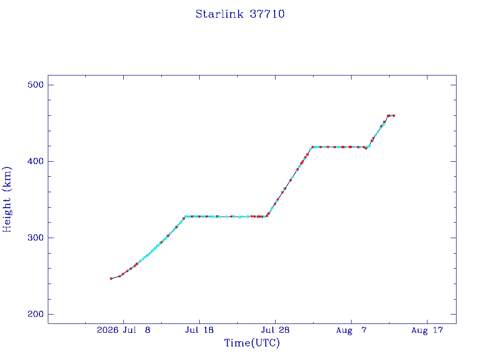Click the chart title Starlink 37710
[x=240, y=14]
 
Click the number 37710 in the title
[x=267, y=14]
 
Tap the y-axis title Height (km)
[x=7, y=199]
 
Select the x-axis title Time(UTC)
[x=252, y=343]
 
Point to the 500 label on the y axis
[x=36, y=85]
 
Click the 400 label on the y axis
[x=36, y=161]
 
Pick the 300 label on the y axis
[x=36, y=238]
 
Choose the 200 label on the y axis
[x=36, y=314]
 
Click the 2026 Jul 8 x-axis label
[x=124, y=330]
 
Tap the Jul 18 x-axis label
[x=199, y=330]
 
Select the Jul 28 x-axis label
[x=275, y=330]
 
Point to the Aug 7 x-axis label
[x=351, y=330]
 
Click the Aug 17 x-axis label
[x=427, y=330]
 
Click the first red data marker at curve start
[x=111, y=278]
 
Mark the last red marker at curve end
[x=394, y=116]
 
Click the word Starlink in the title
[x=219, y=14]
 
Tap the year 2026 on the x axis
[x=107, y=330]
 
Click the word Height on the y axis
[x=7, y=215]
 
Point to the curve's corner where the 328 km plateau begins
[x=185, y=217]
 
